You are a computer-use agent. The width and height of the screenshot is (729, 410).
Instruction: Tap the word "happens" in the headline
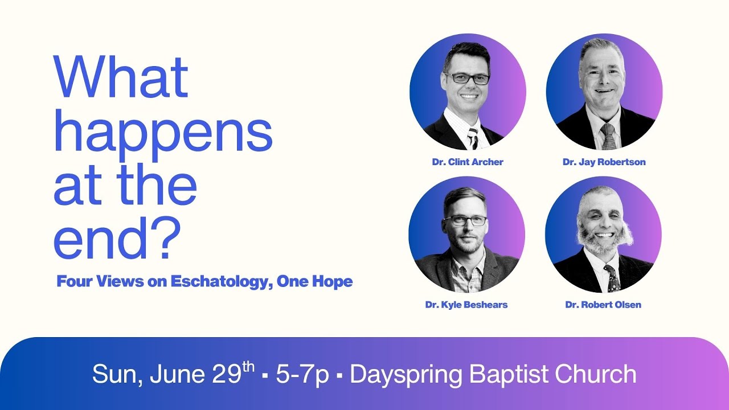pyautogui.click(x=163, y=133)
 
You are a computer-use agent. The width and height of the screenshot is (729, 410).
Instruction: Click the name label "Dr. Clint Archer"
pyautogui.click(x=468, y=162)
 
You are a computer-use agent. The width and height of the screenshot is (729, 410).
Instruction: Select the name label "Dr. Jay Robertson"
pyautogui.click(x=604, y=162)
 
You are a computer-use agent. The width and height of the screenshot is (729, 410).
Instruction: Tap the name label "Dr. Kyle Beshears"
pyautogui.click(x=466, y=305)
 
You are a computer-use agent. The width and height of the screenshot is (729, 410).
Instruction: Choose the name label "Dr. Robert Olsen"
pyautogui.click(x=603, y=305)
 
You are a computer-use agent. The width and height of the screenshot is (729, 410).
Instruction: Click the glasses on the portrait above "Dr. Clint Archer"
pyautogui.click(x=467, y=79)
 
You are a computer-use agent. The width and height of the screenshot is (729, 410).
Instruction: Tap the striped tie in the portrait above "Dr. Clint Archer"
pyautogui.click(x=473, y=137)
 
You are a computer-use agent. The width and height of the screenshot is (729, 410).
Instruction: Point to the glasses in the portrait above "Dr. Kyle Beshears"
pyautogui.click(x=465, y=220)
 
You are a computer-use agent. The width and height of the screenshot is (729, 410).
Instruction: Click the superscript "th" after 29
pyautogui.click(x=248, y=367)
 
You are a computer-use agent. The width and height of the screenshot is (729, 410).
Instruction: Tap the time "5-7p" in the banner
pyautogui.click(x=302, y=374)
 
